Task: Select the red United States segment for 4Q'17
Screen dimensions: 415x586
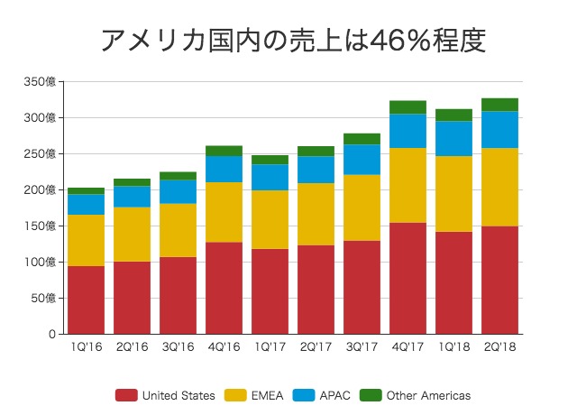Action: point(408,278)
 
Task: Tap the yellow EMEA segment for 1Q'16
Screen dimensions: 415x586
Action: point(86,240)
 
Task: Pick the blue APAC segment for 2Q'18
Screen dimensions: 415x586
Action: point(500,129)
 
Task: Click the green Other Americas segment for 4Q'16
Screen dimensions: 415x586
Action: point(224,151)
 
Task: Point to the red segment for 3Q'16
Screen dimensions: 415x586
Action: point(178,295)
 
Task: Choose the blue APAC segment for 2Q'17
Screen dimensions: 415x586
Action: point(316,170)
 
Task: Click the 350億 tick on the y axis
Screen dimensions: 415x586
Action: point(41,82)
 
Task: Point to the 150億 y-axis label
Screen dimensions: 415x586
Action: point(41,226)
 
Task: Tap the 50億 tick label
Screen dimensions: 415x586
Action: point(44,299)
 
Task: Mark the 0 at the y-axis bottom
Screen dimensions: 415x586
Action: point(54,335)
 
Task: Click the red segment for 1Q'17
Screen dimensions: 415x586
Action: point(270,291)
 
